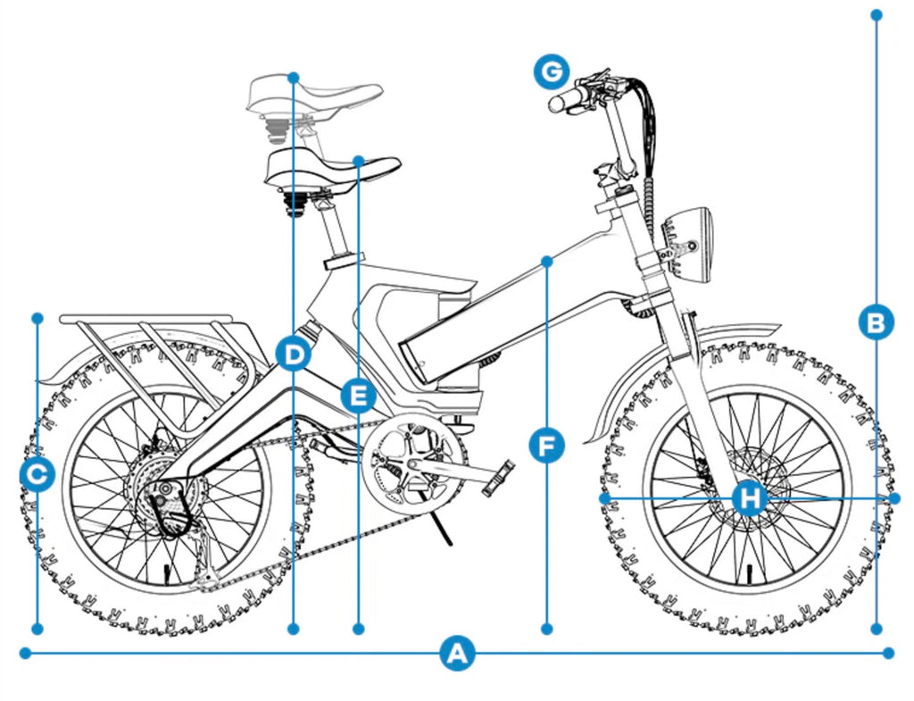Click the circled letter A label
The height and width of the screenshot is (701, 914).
point(457,654)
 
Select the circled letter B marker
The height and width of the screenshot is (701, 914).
point(877,321)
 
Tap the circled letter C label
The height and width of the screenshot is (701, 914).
point(37,474)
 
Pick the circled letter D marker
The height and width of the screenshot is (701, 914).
point(293,354)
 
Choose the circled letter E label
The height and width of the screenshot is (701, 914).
point(358,395)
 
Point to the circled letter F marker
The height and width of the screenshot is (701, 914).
point(546,444)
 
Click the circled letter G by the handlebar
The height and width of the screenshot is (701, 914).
point(552,71)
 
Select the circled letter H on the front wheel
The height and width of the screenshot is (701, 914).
point(750,497)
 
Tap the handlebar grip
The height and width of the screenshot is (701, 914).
point(565,101)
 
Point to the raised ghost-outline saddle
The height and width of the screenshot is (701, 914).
point(312,94)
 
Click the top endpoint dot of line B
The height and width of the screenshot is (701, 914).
point(877,15)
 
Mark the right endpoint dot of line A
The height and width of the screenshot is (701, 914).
point(888,654)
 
